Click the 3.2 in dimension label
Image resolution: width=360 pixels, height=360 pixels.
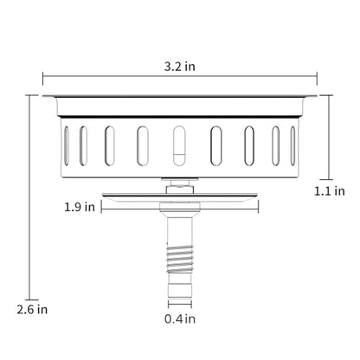click(x=180, y=67)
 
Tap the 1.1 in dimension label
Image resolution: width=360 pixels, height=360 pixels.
click(x=330, y=191)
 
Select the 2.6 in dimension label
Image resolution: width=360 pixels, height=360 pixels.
click(x=32, y=310)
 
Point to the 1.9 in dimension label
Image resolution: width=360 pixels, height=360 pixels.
click(x=80, y=207)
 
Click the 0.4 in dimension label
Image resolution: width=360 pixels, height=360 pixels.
click(x=180, y=318)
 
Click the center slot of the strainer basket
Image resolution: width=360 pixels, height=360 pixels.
click(x=179, y=146)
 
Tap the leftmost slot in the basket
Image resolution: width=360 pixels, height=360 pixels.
click(x=67, y=146)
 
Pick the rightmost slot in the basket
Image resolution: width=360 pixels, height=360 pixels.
click(x=293, y=146)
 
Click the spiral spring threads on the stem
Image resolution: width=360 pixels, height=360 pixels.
click(x=180, y=260)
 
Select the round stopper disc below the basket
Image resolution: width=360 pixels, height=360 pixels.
click(x=180, y=196)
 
